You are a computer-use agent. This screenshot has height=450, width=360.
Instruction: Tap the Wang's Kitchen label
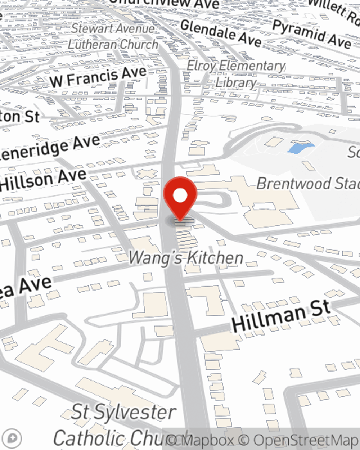[x=186, y=258]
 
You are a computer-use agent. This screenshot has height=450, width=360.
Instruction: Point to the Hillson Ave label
[x=43, y=180]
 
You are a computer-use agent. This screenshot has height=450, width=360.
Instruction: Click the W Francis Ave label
[x=98, y=77]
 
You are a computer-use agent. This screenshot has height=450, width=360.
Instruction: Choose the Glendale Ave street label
[x=221, y=33]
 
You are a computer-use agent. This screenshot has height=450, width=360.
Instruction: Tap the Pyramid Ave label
[x=311, y=34]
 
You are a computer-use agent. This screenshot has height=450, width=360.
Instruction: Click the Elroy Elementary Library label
[x=236, y=74]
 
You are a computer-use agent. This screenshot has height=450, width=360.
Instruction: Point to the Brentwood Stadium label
[x=308, y=184]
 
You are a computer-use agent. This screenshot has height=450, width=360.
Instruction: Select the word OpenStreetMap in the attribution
[x=306, y=440]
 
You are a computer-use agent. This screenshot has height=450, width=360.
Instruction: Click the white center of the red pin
[x=180, y=196]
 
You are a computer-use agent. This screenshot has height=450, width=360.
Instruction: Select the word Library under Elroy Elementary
[x=236, y=83]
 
